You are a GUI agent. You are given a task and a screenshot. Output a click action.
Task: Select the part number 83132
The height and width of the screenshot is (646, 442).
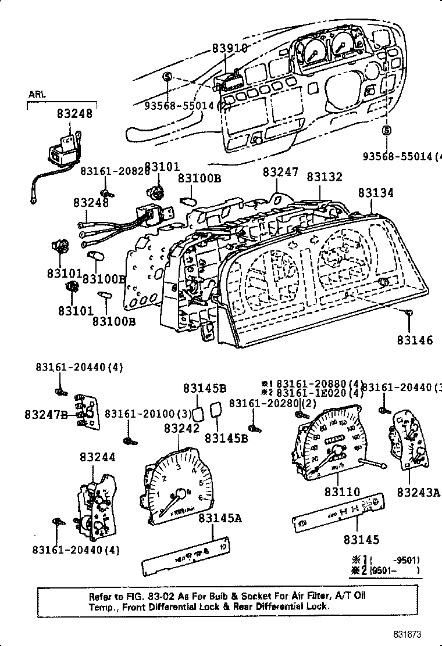coord(325,177)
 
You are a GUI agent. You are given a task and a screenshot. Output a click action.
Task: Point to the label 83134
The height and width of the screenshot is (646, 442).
coord(375,192)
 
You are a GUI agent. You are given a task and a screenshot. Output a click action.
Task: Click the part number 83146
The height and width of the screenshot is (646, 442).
coord(415,339)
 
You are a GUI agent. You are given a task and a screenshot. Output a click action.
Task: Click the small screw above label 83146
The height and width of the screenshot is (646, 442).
coord(409,314)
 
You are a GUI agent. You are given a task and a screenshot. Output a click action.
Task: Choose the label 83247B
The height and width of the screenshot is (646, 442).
coord(46,414)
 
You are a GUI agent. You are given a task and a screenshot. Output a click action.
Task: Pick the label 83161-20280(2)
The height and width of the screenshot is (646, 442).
coord(272,403)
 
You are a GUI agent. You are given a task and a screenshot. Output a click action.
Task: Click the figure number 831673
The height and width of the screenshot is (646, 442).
coord(405,635)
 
